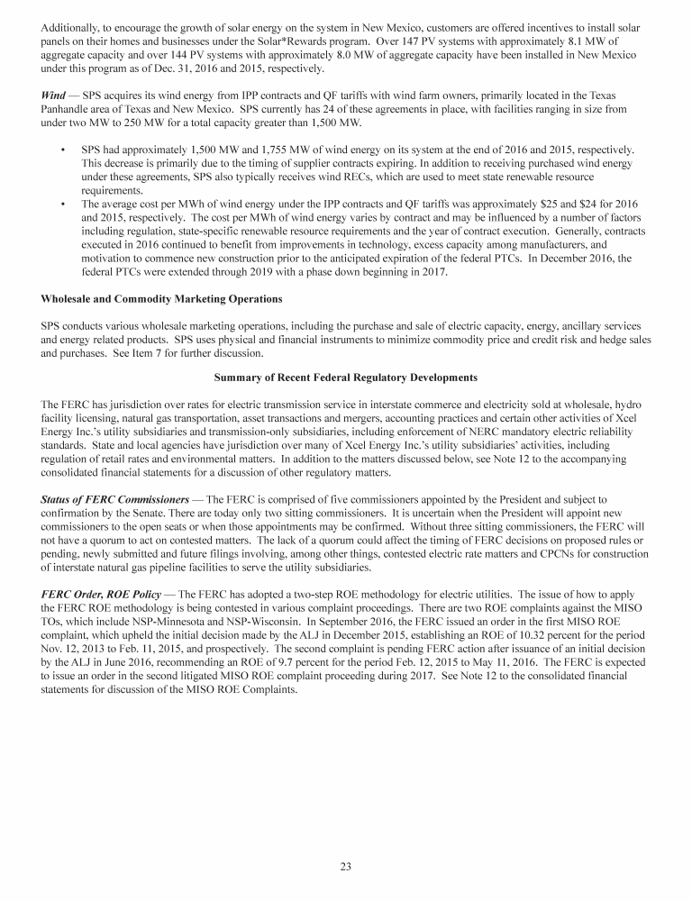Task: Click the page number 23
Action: [x=345, y=867]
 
